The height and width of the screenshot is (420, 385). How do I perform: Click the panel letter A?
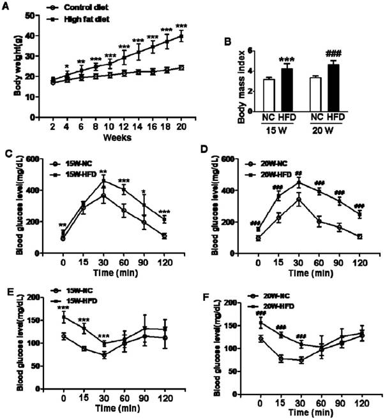(x=7, y=6)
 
